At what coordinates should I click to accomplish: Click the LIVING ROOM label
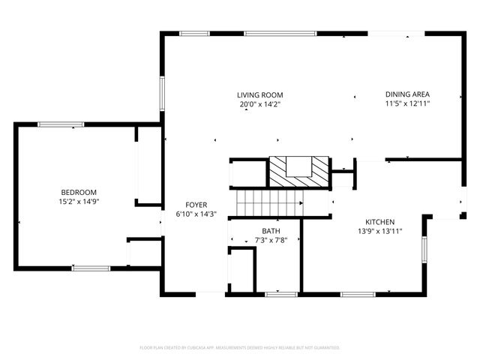(x=260, y=95)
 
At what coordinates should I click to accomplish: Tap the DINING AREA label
(x=407, y=95)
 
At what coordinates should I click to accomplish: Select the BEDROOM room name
(x=79, y=192)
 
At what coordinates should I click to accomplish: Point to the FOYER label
(x=196, y=205)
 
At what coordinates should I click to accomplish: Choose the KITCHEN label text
(x=379, y=222)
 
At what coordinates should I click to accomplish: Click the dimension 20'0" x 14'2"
(x=260, y=105)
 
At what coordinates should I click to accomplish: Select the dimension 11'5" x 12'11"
(x=407, y=105)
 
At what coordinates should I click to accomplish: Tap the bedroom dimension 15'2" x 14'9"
(x=79, y=202)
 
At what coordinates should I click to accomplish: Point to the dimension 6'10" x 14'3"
(x=196, y=214)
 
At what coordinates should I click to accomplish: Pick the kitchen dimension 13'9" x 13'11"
(x=379, y=232)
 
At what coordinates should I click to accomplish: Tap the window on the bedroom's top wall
(x=56, y=124)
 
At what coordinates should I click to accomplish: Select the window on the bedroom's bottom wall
(x=91, y=268)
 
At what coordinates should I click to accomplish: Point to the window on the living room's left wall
(x=162, y=94)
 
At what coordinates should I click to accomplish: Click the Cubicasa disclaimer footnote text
(x=240, y=348)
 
